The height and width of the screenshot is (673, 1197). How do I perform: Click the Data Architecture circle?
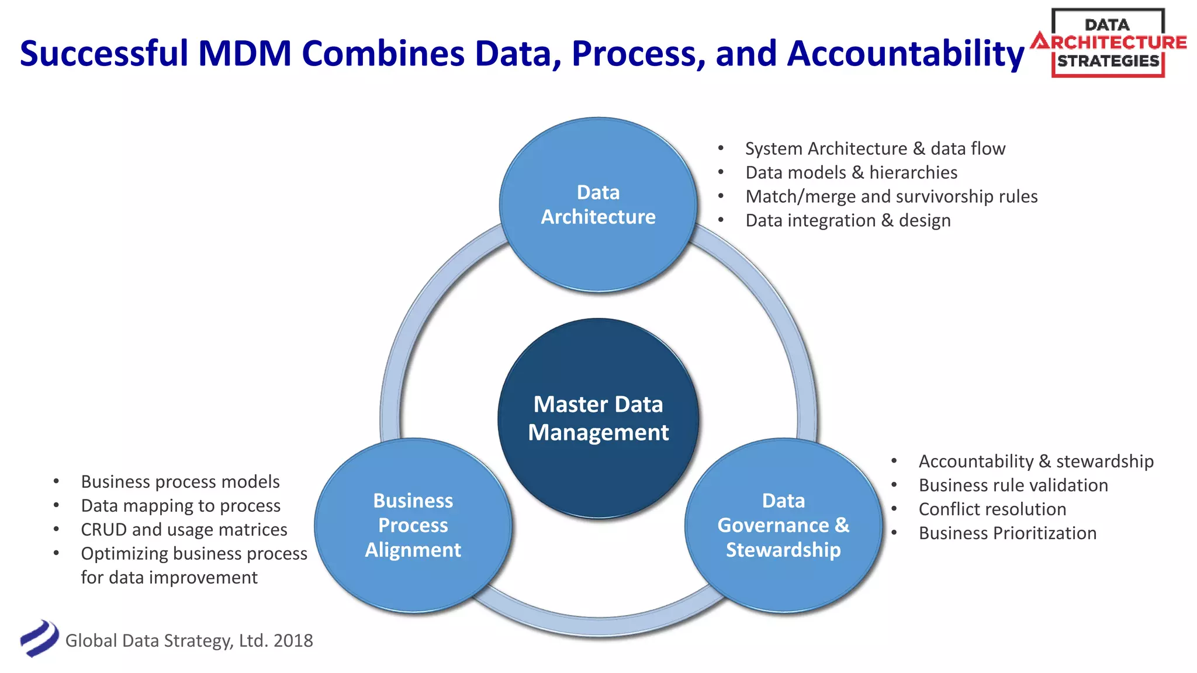(598, 204)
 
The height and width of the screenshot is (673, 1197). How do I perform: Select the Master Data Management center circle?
(598, 418)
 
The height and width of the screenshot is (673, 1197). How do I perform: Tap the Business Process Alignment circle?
(413, 525)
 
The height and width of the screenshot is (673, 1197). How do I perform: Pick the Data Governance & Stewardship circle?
(783, 525)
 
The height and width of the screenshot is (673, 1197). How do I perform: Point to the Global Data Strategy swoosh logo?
(39, 639)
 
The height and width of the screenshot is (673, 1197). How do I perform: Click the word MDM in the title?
(245, 54)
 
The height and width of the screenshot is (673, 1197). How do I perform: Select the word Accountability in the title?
(905, 54)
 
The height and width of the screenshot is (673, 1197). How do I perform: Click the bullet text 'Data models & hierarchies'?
(851, 172)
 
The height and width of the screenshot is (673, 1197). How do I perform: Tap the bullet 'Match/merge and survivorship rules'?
(891, 196)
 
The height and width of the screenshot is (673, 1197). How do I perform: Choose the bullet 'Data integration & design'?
(847, 220)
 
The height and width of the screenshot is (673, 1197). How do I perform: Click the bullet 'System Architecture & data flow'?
(875, 148)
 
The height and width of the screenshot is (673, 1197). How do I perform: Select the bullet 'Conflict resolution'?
(992, 509)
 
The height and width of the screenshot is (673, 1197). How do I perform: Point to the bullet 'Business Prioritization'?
(1007, 533)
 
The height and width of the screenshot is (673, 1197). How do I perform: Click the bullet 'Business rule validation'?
(1013, 485)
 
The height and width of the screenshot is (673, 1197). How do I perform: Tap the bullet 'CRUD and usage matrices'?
(184, 529)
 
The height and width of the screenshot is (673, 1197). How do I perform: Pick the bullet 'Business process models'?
(180, 481)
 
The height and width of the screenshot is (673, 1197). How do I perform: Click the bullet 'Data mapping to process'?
(181, 505)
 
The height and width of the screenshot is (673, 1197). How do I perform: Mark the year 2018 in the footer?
(293, 640)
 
